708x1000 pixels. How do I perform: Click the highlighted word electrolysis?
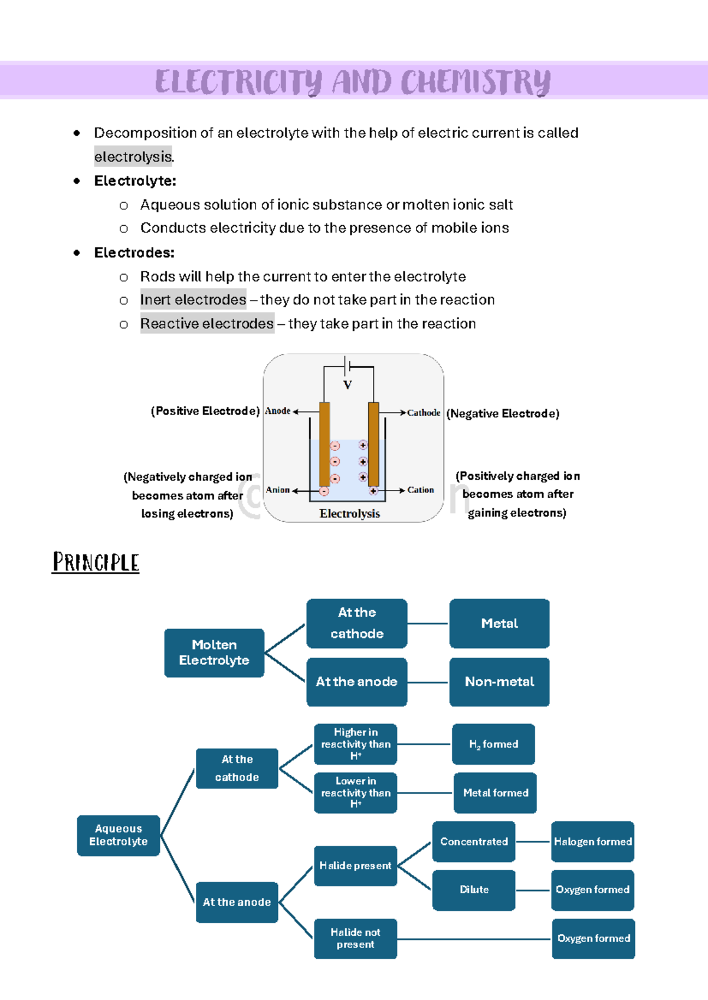(x=133, y=157)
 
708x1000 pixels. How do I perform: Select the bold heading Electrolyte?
(x=135, y=181)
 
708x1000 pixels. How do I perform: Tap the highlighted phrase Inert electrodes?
(x=193, y=300)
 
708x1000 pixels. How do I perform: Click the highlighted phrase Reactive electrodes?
(x=207, y=324)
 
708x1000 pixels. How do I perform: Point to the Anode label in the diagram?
(x=277, y=411)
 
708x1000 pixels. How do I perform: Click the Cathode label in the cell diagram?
(x=424, y=413)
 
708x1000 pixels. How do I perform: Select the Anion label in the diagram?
(x=277, y=490)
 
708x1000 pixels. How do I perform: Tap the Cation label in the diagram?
(x=420, y=490)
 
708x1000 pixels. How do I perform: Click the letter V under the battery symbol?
(x=348, y=385)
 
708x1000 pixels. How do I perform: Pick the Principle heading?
(x=96, y=562)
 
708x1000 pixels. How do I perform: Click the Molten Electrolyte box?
(x=214, y=653)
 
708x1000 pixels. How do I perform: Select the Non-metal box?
(x=499, y=682)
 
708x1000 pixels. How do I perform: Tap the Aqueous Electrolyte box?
(x=118, y=835)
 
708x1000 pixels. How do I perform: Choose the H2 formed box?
(x=493, y=744)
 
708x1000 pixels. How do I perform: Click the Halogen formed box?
(x=592, y=841)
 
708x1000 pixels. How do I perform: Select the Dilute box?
(x=474, y=890)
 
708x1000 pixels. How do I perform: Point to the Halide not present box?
(x=355, y=938)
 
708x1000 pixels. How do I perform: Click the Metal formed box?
(x=496, y=793)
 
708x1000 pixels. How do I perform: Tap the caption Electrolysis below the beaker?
(x=350, y=514)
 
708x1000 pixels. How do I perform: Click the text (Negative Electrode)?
(x=503, y=414)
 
